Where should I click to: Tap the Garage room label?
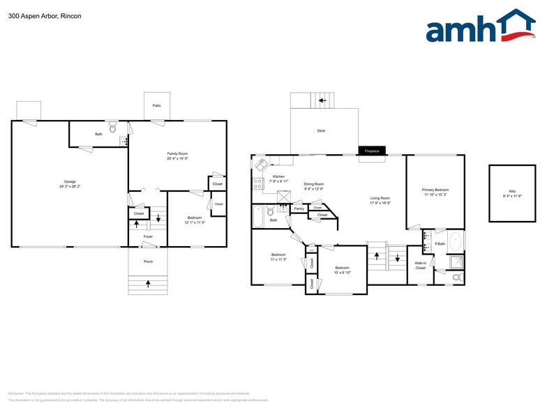(x=70, y=181)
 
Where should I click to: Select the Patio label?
(x=156, y=105)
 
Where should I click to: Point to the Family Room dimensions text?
(x=177, y=159)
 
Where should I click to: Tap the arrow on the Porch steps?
(x=148, y=284)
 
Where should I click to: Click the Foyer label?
(x=148, y=236)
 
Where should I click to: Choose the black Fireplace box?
(x=372, y=151)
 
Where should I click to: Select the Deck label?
(x=321, y=130)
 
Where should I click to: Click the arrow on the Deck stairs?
(x=322, y=100)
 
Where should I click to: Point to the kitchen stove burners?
(x=257, y=184)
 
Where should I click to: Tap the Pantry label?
(x=299, y=208)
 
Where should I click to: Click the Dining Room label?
(x=314, y=183)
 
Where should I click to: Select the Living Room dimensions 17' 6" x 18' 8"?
(x=380, y=204)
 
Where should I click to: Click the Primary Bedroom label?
(x=435, y=189)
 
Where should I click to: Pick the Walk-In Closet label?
(x=420, y=266)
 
